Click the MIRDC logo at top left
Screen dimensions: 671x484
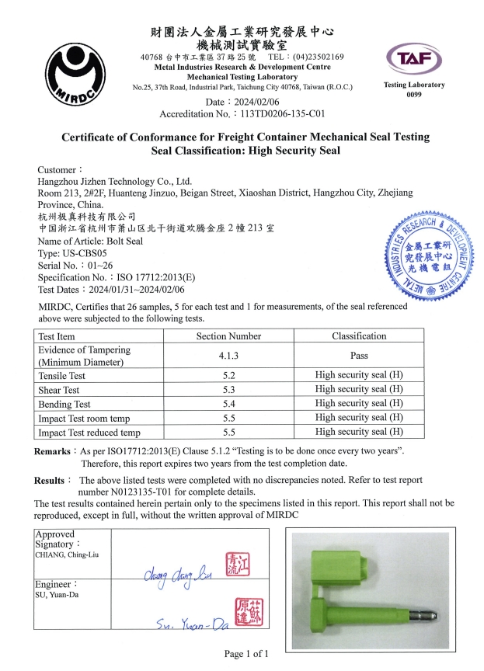tap(77, 71)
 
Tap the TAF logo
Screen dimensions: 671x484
tap(414, 56)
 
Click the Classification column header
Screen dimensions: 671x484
tap(359, 336)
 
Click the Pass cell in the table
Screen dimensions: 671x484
tap(359, 356)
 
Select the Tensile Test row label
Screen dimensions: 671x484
tap(61, 376)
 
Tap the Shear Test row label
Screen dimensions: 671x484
tap(59, 390)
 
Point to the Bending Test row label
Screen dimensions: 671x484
tap(64, 404)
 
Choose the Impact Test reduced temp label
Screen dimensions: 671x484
tap(89, 433)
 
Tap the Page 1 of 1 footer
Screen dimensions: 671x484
tap(246, 654)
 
